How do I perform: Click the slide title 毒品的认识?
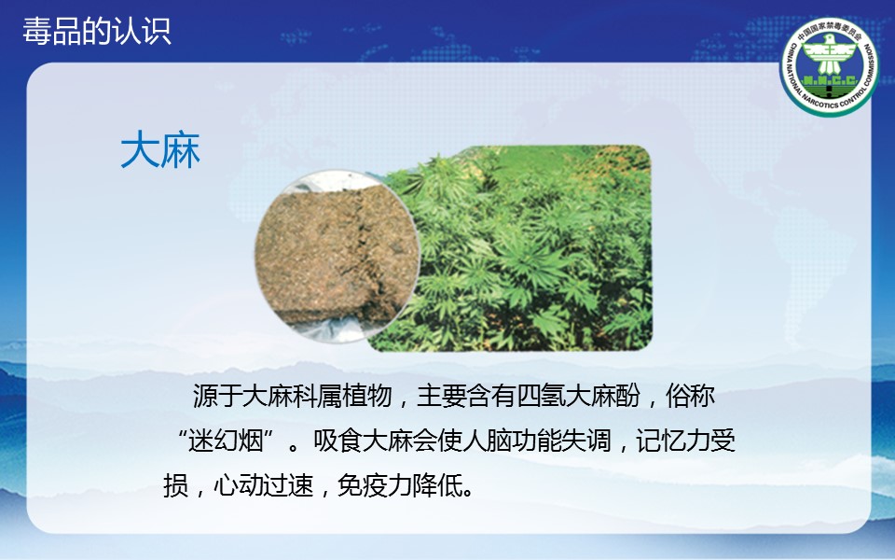(x=97, y=31)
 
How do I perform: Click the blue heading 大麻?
(x=160, y=149)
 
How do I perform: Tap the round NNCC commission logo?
(x=830, y=66)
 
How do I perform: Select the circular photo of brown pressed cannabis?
(x=337, y=256)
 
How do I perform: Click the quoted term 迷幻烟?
(x=226, y=441)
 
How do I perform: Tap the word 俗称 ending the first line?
(x=690, y=396)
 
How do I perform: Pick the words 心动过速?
(x=264, y=485)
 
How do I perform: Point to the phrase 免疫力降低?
(x=400, y=485)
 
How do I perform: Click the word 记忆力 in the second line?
(x=673, y=441)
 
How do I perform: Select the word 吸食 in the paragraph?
(x=337, y=441)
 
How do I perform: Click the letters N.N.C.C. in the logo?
(x=830, y=80)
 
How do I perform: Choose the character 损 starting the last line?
(x=176, y=485)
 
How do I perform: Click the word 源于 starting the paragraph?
(x=217, y=396)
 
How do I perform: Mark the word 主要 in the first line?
(x=442, y=396)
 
